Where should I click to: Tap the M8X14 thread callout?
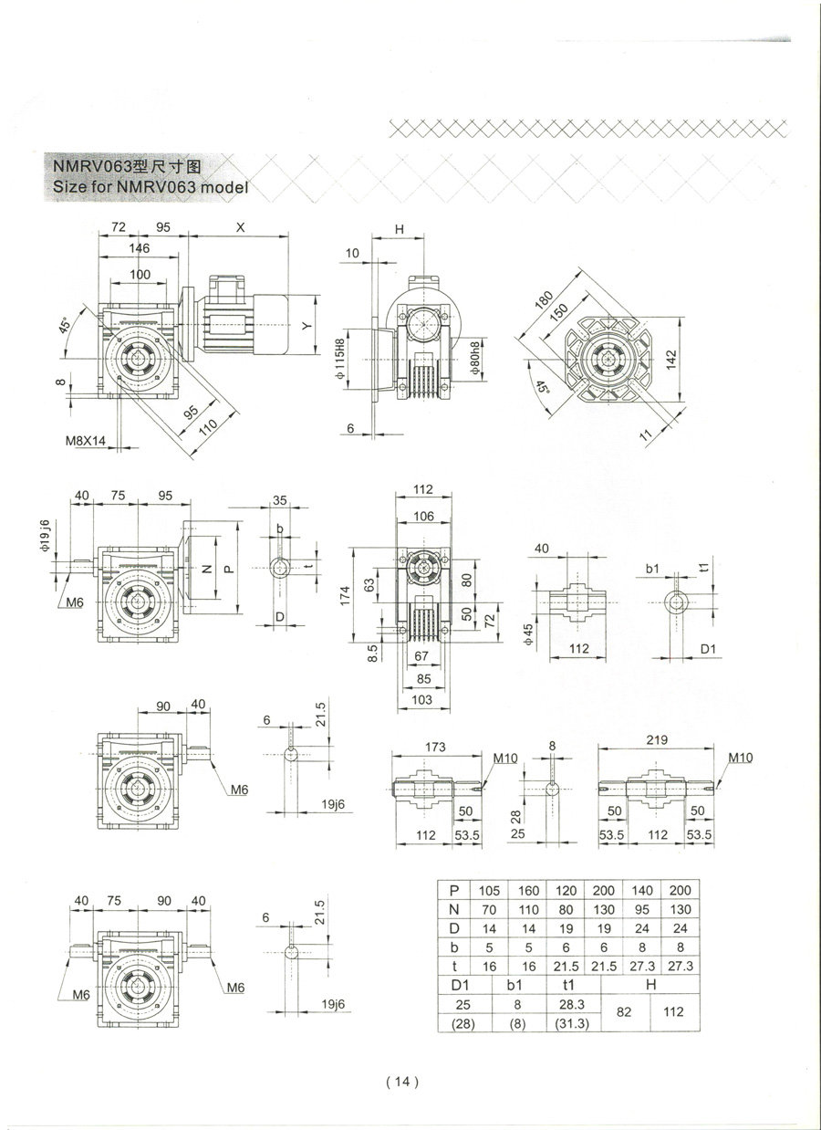pyautogui.click(x=86, y=441)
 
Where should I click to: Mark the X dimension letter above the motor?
pyautogui.click(x=240, y=227)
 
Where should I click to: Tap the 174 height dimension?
pyautogui.click(x=359, y=594)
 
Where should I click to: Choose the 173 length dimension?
pyautogui.click(x=435, y=748)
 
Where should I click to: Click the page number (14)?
pyautogui.click(x=401, y=1082)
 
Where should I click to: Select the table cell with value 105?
pyautogui.click(x=490, y=890)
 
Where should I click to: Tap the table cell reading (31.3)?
pyautogui.click(x=573, y=1023)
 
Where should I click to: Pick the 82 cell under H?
pyautogui.click(x=623, y=1012)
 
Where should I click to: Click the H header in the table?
pyautogui.click(x=650, y=984)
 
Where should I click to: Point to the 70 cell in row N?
pyautogui.click(x=490, y=909)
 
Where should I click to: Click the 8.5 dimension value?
pyautogui.click(x=373, y=654)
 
